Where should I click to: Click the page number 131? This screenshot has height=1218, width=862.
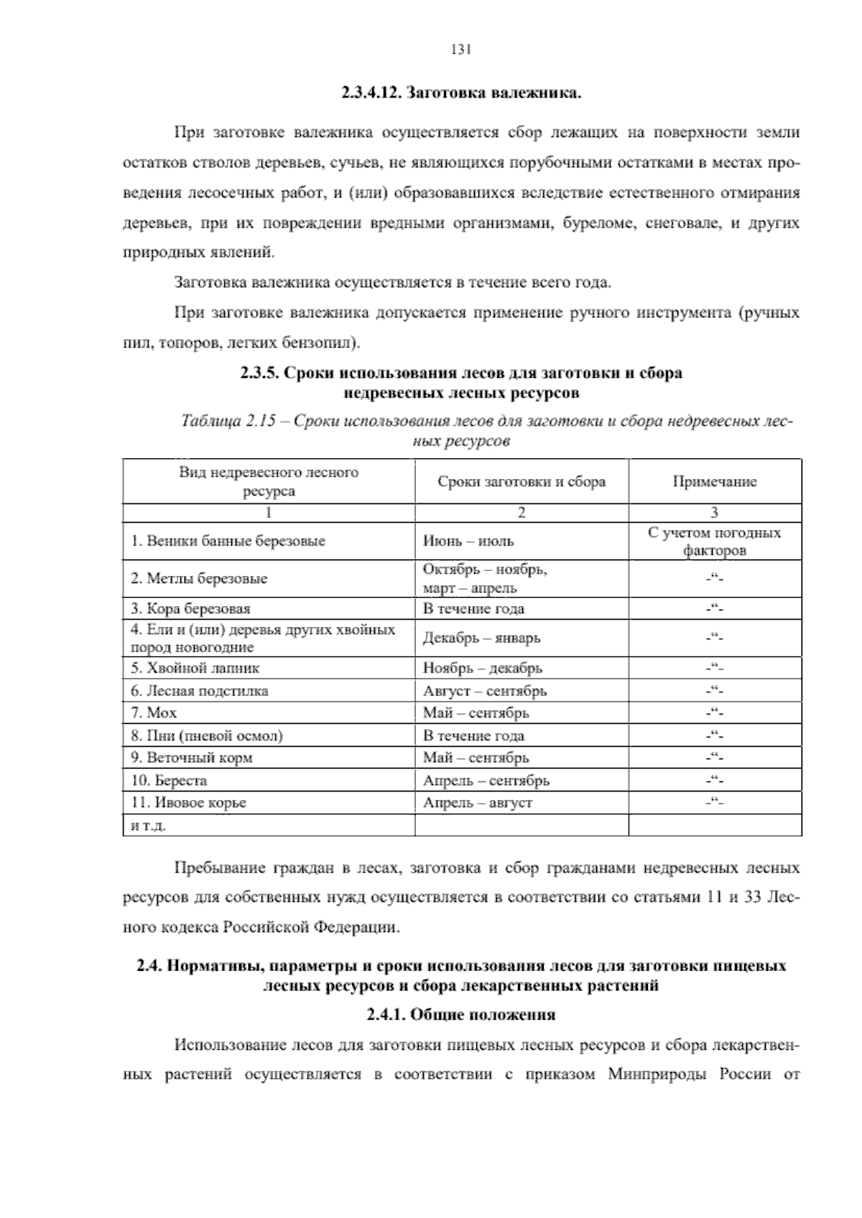(x=460, y=50)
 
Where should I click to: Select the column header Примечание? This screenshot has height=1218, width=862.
(x=714, y=482)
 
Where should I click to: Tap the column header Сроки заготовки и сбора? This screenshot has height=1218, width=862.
(x=522, y=482)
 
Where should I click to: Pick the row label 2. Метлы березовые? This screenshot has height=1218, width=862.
(x=199, y=579)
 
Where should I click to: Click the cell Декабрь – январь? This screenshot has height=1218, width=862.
(x=481, y=638)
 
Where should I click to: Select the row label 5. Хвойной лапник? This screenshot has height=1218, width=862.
(x=195, y=668)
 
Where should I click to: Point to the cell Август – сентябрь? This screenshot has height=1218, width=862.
(x=484, y=691)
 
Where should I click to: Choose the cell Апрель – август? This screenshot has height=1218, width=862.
(x=477, y=803)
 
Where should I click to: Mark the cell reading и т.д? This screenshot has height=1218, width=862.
(x=149, y=826)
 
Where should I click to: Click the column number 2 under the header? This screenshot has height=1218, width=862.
(x=522, y=513)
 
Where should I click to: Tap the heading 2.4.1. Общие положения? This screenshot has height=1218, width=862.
(x=460, y=1015)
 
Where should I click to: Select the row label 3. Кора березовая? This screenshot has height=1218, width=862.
(x=190, y=609)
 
